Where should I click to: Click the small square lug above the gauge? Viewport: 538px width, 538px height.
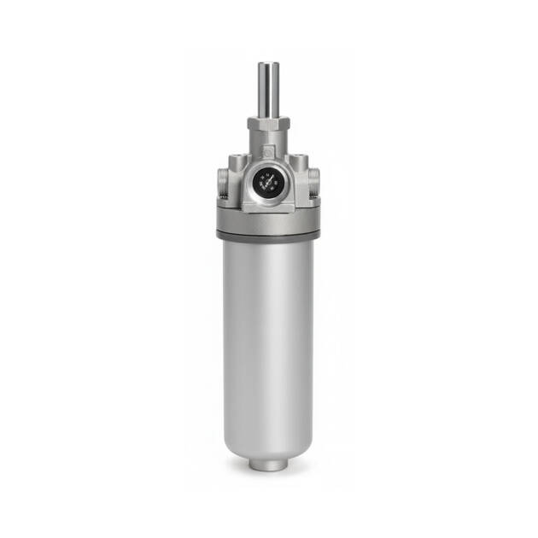coord(269,155)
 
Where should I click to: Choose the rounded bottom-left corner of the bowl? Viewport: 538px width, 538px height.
coord(230,444)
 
